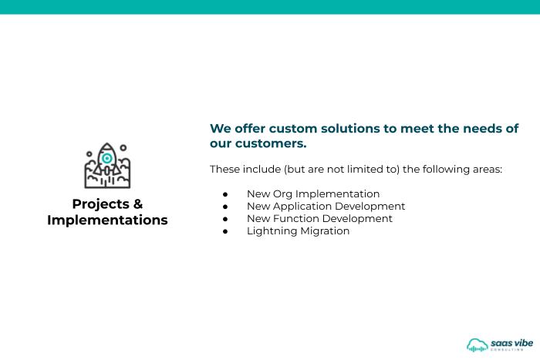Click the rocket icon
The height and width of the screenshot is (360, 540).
pos(107,166)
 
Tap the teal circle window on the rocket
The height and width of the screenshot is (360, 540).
pos(107,158)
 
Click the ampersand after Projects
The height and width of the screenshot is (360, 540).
pos(138,204)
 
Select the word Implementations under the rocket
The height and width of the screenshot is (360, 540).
pos(107,220)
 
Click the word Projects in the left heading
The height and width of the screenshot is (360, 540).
pos(100,204)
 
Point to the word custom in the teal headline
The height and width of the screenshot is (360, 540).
pos(293,129)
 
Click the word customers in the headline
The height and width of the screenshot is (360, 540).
pos(270,143)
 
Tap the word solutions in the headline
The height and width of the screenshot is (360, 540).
pos(350,129)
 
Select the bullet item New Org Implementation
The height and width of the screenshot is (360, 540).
pos(313,193)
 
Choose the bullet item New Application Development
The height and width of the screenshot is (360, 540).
pos(326,206)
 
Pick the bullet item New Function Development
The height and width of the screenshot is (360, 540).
pos(319,219)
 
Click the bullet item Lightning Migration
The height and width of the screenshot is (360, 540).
pos(299,231)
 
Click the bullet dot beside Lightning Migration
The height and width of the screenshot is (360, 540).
pos(225,231)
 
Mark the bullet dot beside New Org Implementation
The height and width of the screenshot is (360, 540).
pos(225,195)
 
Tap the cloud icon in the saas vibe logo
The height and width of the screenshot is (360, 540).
pos(478,345)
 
